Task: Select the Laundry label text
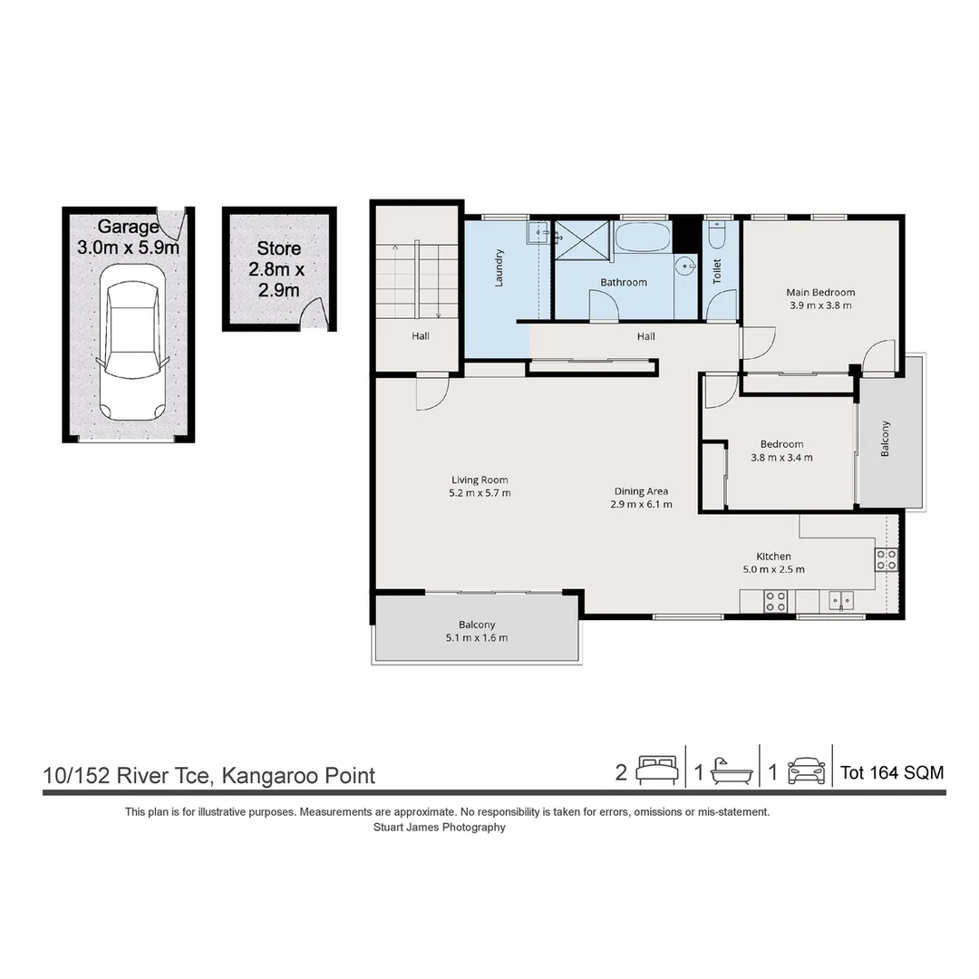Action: click(x=499, y=267)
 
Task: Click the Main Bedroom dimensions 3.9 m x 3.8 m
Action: click(x=820, y=305)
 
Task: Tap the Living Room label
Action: click(x=480, y=480)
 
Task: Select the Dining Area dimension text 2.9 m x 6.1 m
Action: click(x=641, y=505)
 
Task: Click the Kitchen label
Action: click(x=773, y=557)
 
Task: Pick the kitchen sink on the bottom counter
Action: click(x=841, y=601)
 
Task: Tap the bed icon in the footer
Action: click(x=657, y=771)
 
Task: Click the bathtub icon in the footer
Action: click(x=732, y=771)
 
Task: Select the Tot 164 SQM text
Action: click(x=892, y=773)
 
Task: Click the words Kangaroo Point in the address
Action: click(x=298, y=776)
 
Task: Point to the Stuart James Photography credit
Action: click(x=440, y=828)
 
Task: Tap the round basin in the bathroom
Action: click(x=686, y=267)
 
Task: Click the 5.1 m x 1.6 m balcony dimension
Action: click(x=477, y=638)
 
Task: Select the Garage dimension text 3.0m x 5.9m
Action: click(x=128, y=247)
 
